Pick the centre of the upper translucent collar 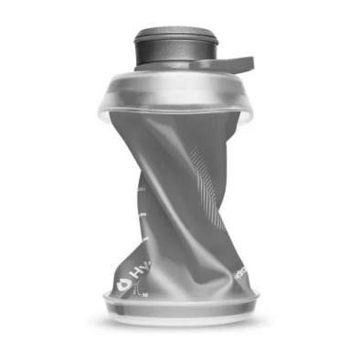(177, 91)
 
